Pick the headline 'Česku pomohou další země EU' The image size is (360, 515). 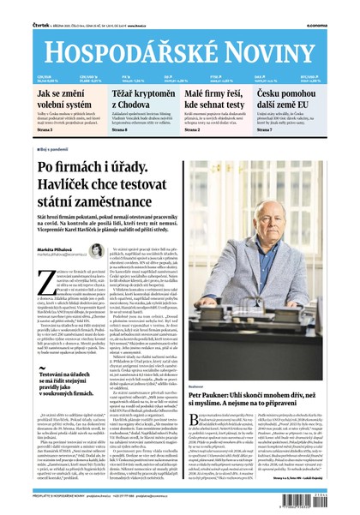point(307,97)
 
